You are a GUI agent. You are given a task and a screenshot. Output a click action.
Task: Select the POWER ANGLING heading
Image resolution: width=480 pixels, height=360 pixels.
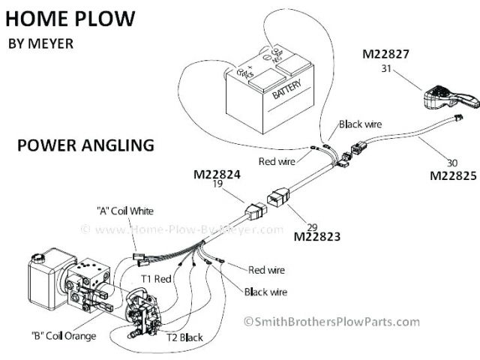click(x=85, y=144)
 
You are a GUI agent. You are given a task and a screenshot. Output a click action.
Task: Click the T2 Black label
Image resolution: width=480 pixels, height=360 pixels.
click(x=184, y=337)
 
